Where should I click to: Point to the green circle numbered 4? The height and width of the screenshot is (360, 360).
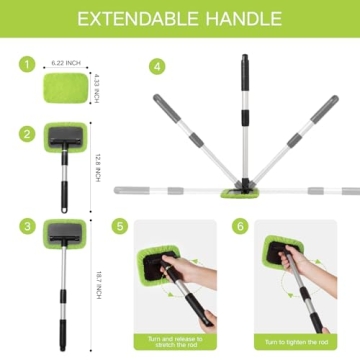(156, 65)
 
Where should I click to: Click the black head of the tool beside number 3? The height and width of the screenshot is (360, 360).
(67, 237)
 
